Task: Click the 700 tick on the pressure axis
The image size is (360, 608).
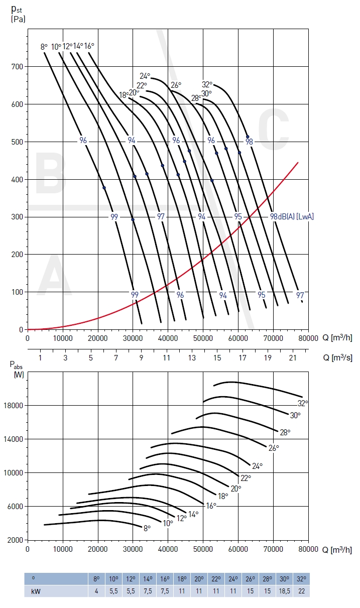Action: (17, 67)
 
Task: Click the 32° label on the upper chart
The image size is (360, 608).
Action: (207, 84)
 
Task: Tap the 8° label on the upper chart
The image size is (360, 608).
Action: (44, 47)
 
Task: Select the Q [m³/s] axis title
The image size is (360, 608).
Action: (337, 357)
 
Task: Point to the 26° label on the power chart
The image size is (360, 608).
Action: (274, 447)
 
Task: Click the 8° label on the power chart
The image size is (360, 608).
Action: (147, 528)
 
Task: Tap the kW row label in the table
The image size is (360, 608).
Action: (35, 591)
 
